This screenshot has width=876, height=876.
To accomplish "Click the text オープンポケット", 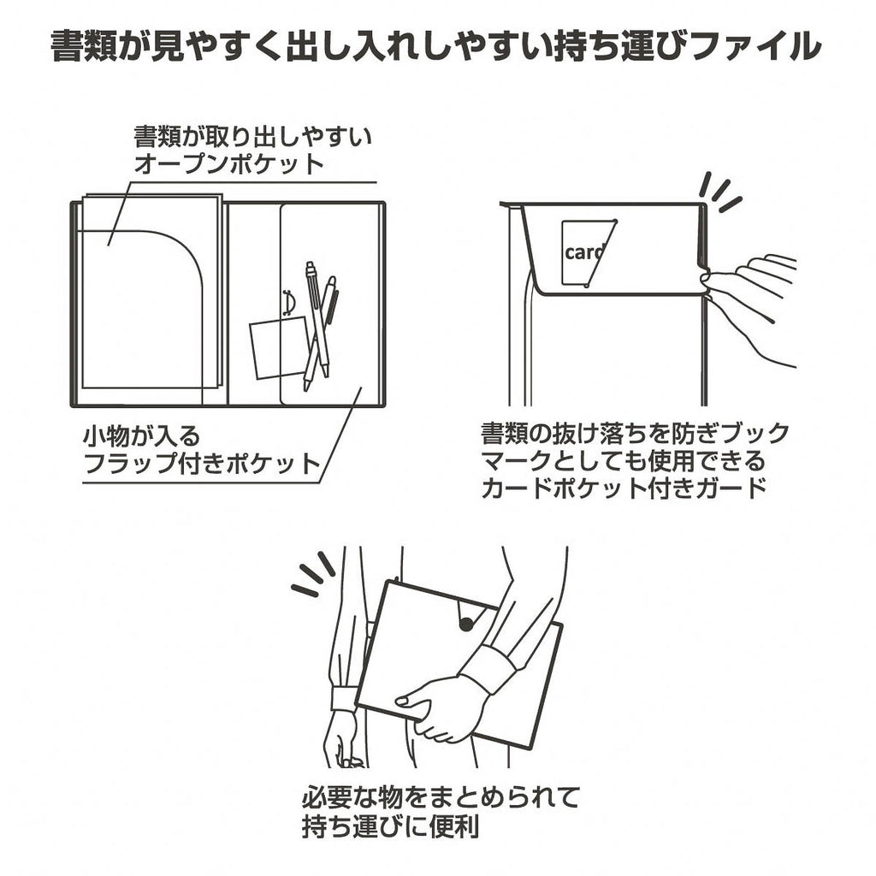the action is click(x=229, y=164).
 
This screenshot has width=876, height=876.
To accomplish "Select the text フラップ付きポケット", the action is click(x=202, y=464).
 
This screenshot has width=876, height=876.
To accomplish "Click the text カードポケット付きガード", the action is click(x=624, y=488).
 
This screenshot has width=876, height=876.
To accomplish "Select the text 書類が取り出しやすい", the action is click(x=252, y=136).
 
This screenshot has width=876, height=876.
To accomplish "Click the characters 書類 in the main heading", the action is click(x=84, y=46).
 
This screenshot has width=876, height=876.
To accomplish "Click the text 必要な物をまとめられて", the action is click(x=441, y=798).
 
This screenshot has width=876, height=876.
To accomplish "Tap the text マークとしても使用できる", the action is click(x=623, y=461).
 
